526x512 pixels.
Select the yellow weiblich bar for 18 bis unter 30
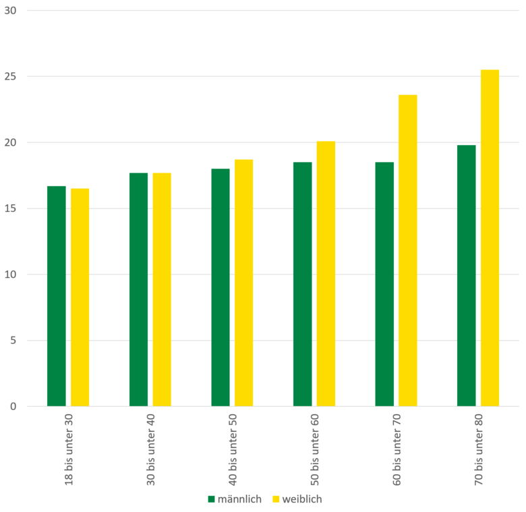pos(80,297)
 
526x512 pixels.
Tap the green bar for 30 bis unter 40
pos(138,289)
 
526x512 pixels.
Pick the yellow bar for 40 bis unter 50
pos(243,283)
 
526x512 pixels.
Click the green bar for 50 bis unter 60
pos(302,284)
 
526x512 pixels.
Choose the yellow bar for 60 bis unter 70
pos(407,250)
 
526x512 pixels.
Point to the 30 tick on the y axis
pos(11,11)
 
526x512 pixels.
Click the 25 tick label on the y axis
pos(11,77)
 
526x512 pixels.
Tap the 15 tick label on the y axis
pos(11,208)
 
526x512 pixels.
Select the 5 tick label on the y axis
pos(13,341)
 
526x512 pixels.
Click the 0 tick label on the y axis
pos(13,406)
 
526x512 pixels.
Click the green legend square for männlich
pos(211,499)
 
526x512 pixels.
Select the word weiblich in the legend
pos(302,499)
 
